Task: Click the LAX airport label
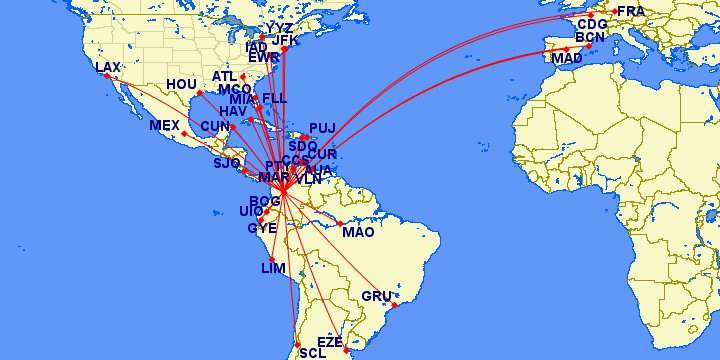107,67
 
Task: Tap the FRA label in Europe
632,12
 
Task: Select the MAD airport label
566,59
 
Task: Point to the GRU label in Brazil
376,296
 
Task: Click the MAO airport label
357,232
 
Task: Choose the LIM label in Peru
273,269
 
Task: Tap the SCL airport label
312,353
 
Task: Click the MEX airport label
164,125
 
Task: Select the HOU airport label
182,85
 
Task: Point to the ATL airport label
226,76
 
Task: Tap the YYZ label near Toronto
280,27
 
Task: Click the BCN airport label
591,38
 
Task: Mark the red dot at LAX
119,77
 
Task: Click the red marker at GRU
394,305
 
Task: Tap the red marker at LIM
272,259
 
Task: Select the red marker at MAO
340,223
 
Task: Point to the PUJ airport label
322,128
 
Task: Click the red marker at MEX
182,134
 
